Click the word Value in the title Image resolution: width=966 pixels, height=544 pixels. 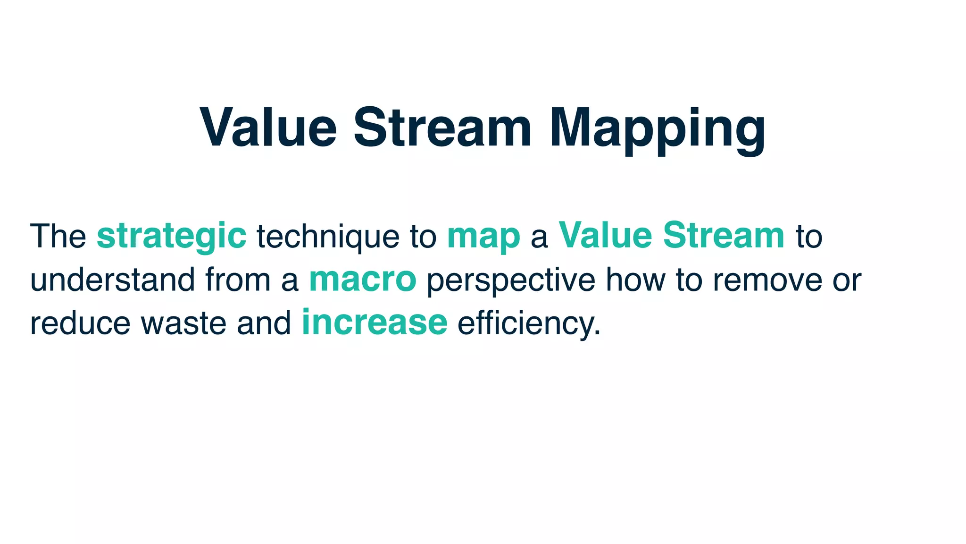[268, 128]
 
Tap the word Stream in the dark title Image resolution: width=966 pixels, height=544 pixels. [442, 128]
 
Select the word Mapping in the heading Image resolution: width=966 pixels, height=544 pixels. [657, 128]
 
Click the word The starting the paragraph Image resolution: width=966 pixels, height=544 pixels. [58, 236]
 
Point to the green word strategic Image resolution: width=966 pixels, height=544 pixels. [171, 236]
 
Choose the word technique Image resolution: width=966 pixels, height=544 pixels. [328, 236]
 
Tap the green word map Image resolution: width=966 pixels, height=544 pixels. [483, 236]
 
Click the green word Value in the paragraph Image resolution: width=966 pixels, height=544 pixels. [605, 236]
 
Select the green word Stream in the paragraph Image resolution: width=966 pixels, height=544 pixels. [724, 236]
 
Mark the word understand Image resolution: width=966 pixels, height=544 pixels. [112, 280]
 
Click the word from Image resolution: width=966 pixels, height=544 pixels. [238, 280]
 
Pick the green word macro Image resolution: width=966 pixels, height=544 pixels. [363, 280]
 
